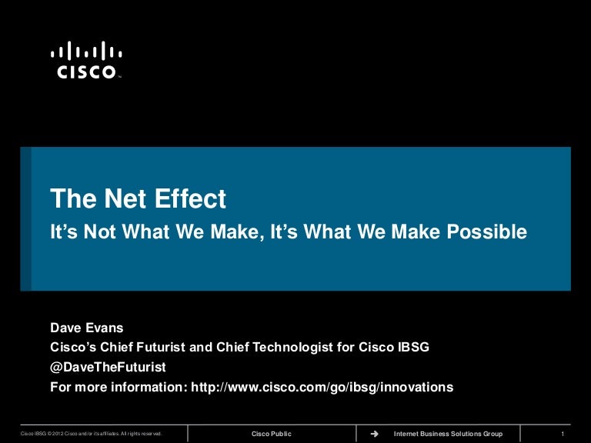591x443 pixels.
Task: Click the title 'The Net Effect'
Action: coord(139,200)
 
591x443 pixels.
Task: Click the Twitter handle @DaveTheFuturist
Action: coord(108,368)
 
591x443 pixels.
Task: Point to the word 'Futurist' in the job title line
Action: coord(158,348)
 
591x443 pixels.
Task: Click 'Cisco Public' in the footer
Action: coord(272,434)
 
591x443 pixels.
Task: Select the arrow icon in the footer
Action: coord(375,434)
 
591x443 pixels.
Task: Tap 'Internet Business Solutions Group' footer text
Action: coord(447,434)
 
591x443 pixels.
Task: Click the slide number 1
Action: coord(565,434)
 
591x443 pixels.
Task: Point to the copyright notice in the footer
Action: coord(91,434)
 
